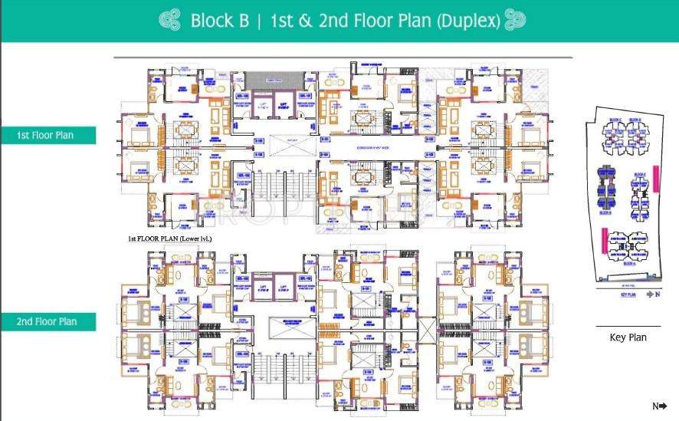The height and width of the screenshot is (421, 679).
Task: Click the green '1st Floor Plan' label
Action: pos(48,136)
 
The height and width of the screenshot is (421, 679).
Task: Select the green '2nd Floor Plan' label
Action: pos(48,321)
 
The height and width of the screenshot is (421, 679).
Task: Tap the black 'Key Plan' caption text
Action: pos(628,337)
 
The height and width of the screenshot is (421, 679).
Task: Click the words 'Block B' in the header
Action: pos(220,21)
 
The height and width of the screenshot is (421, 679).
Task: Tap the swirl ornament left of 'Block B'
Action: pos(169,21)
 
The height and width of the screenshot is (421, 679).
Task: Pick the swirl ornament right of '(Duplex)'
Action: pos(516,21)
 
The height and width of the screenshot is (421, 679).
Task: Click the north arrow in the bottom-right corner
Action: pos(660,406)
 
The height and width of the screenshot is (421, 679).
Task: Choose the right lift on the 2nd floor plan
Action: pos(284,288)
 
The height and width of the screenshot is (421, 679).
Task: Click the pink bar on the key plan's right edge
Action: pos(655,177)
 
